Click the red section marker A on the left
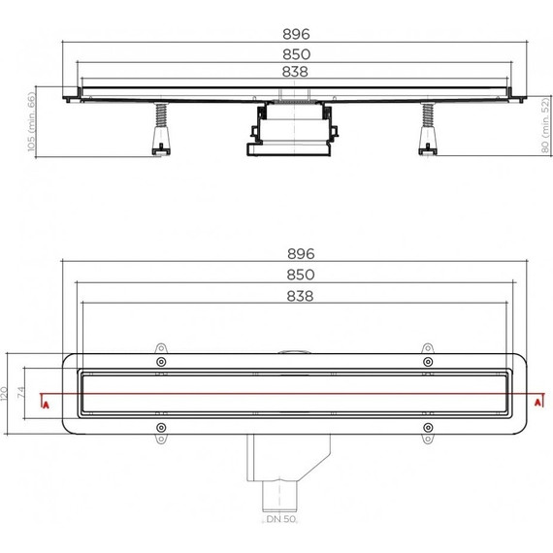pyautogui.click(x=43, y=401)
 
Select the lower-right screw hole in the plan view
pyautogui.click(x=427, y=427)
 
